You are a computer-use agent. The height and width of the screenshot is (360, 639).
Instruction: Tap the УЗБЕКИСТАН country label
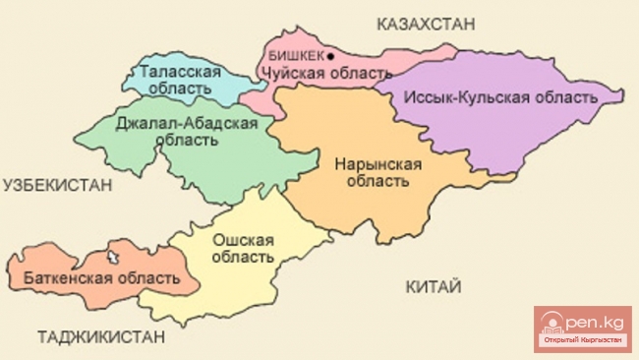[56, 184]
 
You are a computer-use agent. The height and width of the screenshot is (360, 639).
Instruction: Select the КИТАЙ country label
[433, 286]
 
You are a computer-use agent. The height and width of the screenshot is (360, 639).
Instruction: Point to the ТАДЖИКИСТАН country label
[100, 337]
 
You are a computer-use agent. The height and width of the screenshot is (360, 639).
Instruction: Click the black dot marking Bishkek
[330, 57]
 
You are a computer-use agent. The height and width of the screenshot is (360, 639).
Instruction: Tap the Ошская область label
[239, 247]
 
